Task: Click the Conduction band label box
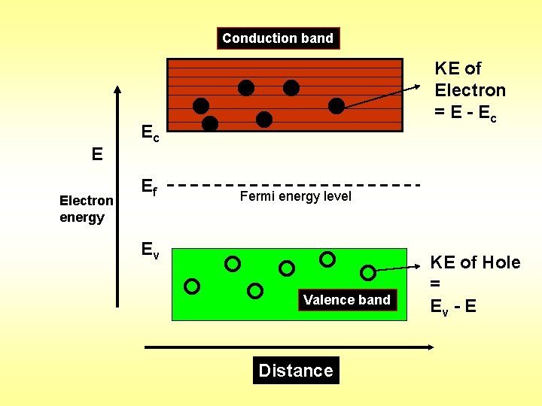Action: click(x=278, y=38)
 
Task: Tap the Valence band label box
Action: click(x=346, y=300)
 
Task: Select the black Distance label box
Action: click(x=296, y=370)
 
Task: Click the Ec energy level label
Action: click(x=150, y=134)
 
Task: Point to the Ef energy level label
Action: click(x=149, y=187)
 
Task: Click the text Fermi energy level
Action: click(x=295, y=197)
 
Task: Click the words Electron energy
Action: click(x=87, y=209)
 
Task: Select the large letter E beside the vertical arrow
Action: click(x=96, y=155)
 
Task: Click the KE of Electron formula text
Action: click(x=470, y=92)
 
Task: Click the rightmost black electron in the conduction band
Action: click(x=336, y=105)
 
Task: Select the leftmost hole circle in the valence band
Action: click(x=192, y=286)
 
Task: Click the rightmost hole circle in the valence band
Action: click(x=368, y=271)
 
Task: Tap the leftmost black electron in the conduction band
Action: click(x=201, y=105)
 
